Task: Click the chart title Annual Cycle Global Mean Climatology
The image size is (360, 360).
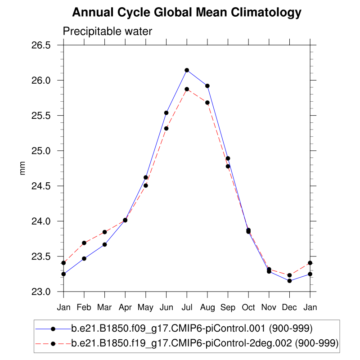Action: tap(186, 13)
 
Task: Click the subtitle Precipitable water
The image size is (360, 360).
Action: tap(108, 31)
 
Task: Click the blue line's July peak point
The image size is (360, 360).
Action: tap(187, 70)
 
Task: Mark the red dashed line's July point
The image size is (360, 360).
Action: tap(187, 89)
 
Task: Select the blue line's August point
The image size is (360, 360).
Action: tap(207, 86)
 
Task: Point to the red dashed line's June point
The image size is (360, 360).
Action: tap(166, 128)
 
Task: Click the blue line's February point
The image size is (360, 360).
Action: tap(84, 258)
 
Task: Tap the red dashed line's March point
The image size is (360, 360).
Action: tap(105, 232)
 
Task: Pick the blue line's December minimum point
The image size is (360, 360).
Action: tap(289, 281)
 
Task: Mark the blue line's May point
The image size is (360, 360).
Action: tap(146, 177)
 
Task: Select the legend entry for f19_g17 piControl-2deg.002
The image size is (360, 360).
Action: tap(205, 344)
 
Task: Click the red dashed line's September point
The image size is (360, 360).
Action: tap(228, 166)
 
